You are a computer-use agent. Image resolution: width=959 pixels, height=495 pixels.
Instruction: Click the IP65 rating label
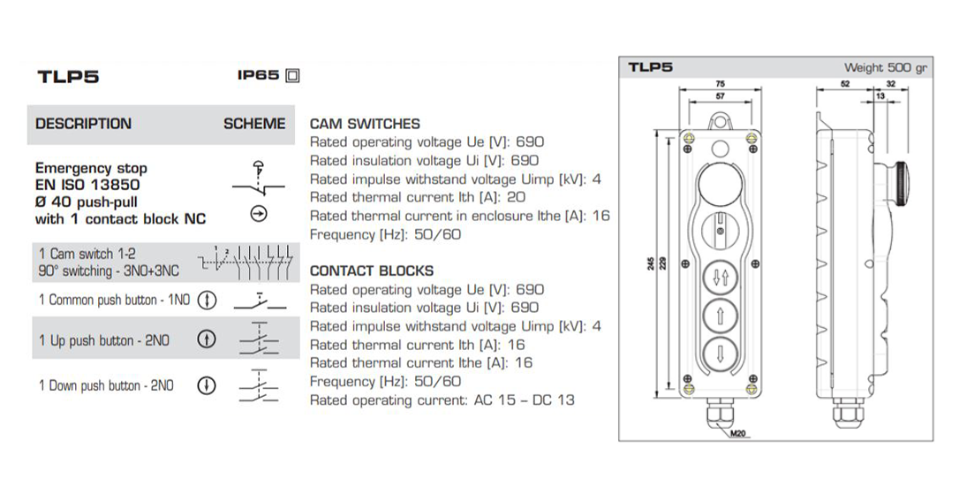pos(258,75)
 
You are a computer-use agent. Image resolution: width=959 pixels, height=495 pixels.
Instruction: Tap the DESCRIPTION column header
pos(83,124)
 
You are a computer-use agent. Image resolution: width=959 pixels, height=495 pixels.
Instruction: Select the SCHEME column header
pos(254,124)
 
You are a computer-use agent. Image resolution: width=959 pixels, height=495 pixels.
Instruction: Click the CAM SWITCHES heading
pos(365,124)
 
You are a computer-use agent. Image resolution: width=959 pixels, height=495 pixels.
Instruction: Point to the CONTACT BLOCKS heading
pos(372,270)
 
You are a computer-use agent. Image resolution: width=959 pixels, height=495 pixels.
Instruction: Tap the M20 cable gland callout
pos(737,434)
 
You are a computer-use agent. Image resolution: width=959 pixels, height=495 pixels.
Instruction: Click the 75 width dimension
pos(720,84)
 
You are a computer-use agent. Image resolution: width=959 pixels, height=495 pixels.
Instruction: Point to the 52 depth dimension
pos(845,84)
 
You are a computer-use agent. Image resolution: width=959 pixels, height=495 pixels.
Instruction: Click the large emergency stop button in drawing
pos(720,185)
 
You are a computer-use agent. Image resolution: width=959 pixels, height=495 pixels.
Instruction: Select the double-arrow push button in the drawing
pos(720,277)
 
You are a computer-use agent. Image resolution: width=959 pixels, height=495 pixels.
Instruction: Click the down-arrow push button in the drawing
pos(720,358)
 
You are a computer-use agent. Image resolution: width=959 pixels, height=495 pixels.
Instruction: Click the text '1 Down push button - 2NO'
pos(106,385)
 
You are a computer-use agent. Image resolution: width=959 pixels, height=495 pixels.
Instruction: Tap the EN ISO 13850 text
pos(87,185)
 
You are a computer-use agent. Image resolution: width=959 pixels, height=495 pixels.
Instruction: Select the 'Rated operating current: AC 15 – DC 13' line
pos(442,400)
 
